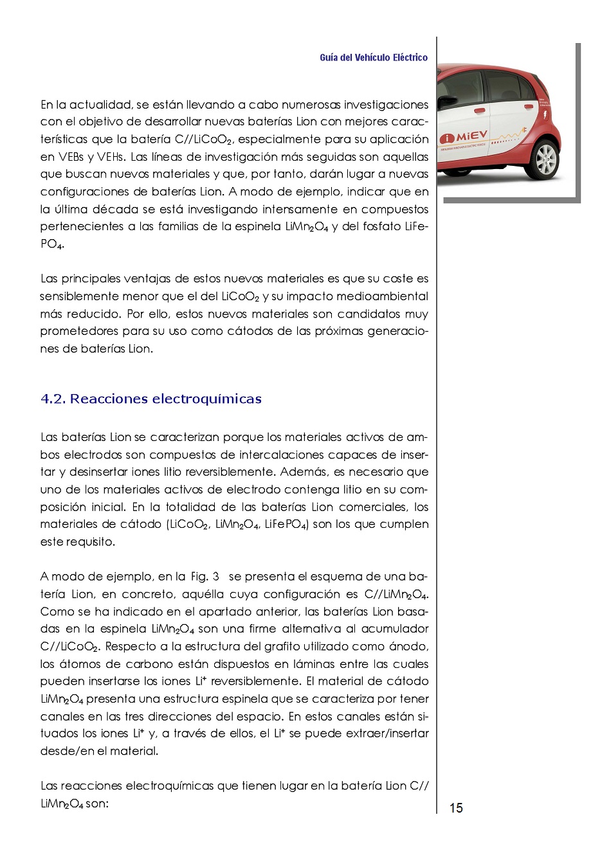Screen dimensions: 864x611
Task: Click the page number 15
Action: (x=456, y=808)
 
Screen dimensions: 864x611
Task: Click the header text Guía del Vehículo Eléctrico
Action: (x=374, y=58)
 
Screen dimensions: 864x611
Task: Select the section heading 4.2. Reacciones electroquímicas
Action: (x=151, y=399)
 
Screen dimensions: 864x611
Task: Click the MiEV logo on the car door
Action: (x=465, y=138)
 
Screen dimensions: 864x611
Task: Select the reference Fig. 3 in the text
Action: (x=205, y=577)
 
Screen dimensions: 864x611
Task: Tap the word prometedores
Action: (x=79, y=332)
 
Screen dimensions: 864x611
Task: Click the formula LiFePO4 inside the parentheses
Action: (x=286, y=525)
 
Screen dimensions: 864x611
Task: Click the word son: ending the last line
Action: (x=97, y=804)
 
